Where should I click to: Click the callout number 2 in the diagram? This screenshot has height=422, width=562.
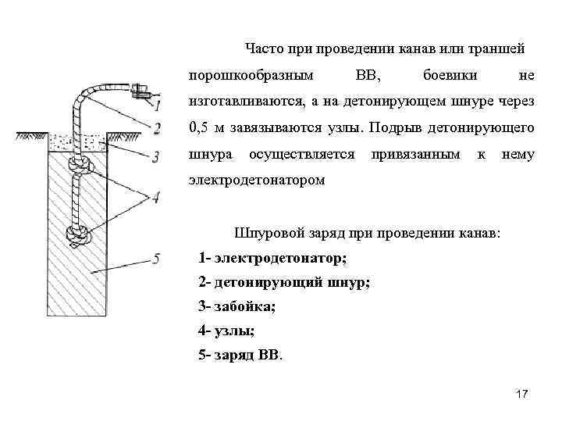tap(158, 129)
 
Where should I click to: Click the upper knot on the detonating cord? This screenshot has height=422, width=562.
tap(78, 165)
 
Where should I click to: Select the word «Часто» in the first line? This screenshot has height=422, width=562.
tap(263, 49)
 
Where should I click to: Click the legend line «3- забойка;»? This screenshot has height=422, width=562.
tap(237, 306)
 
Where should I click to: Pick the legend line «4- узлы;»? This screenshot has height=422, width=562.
tap(227, 331)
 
